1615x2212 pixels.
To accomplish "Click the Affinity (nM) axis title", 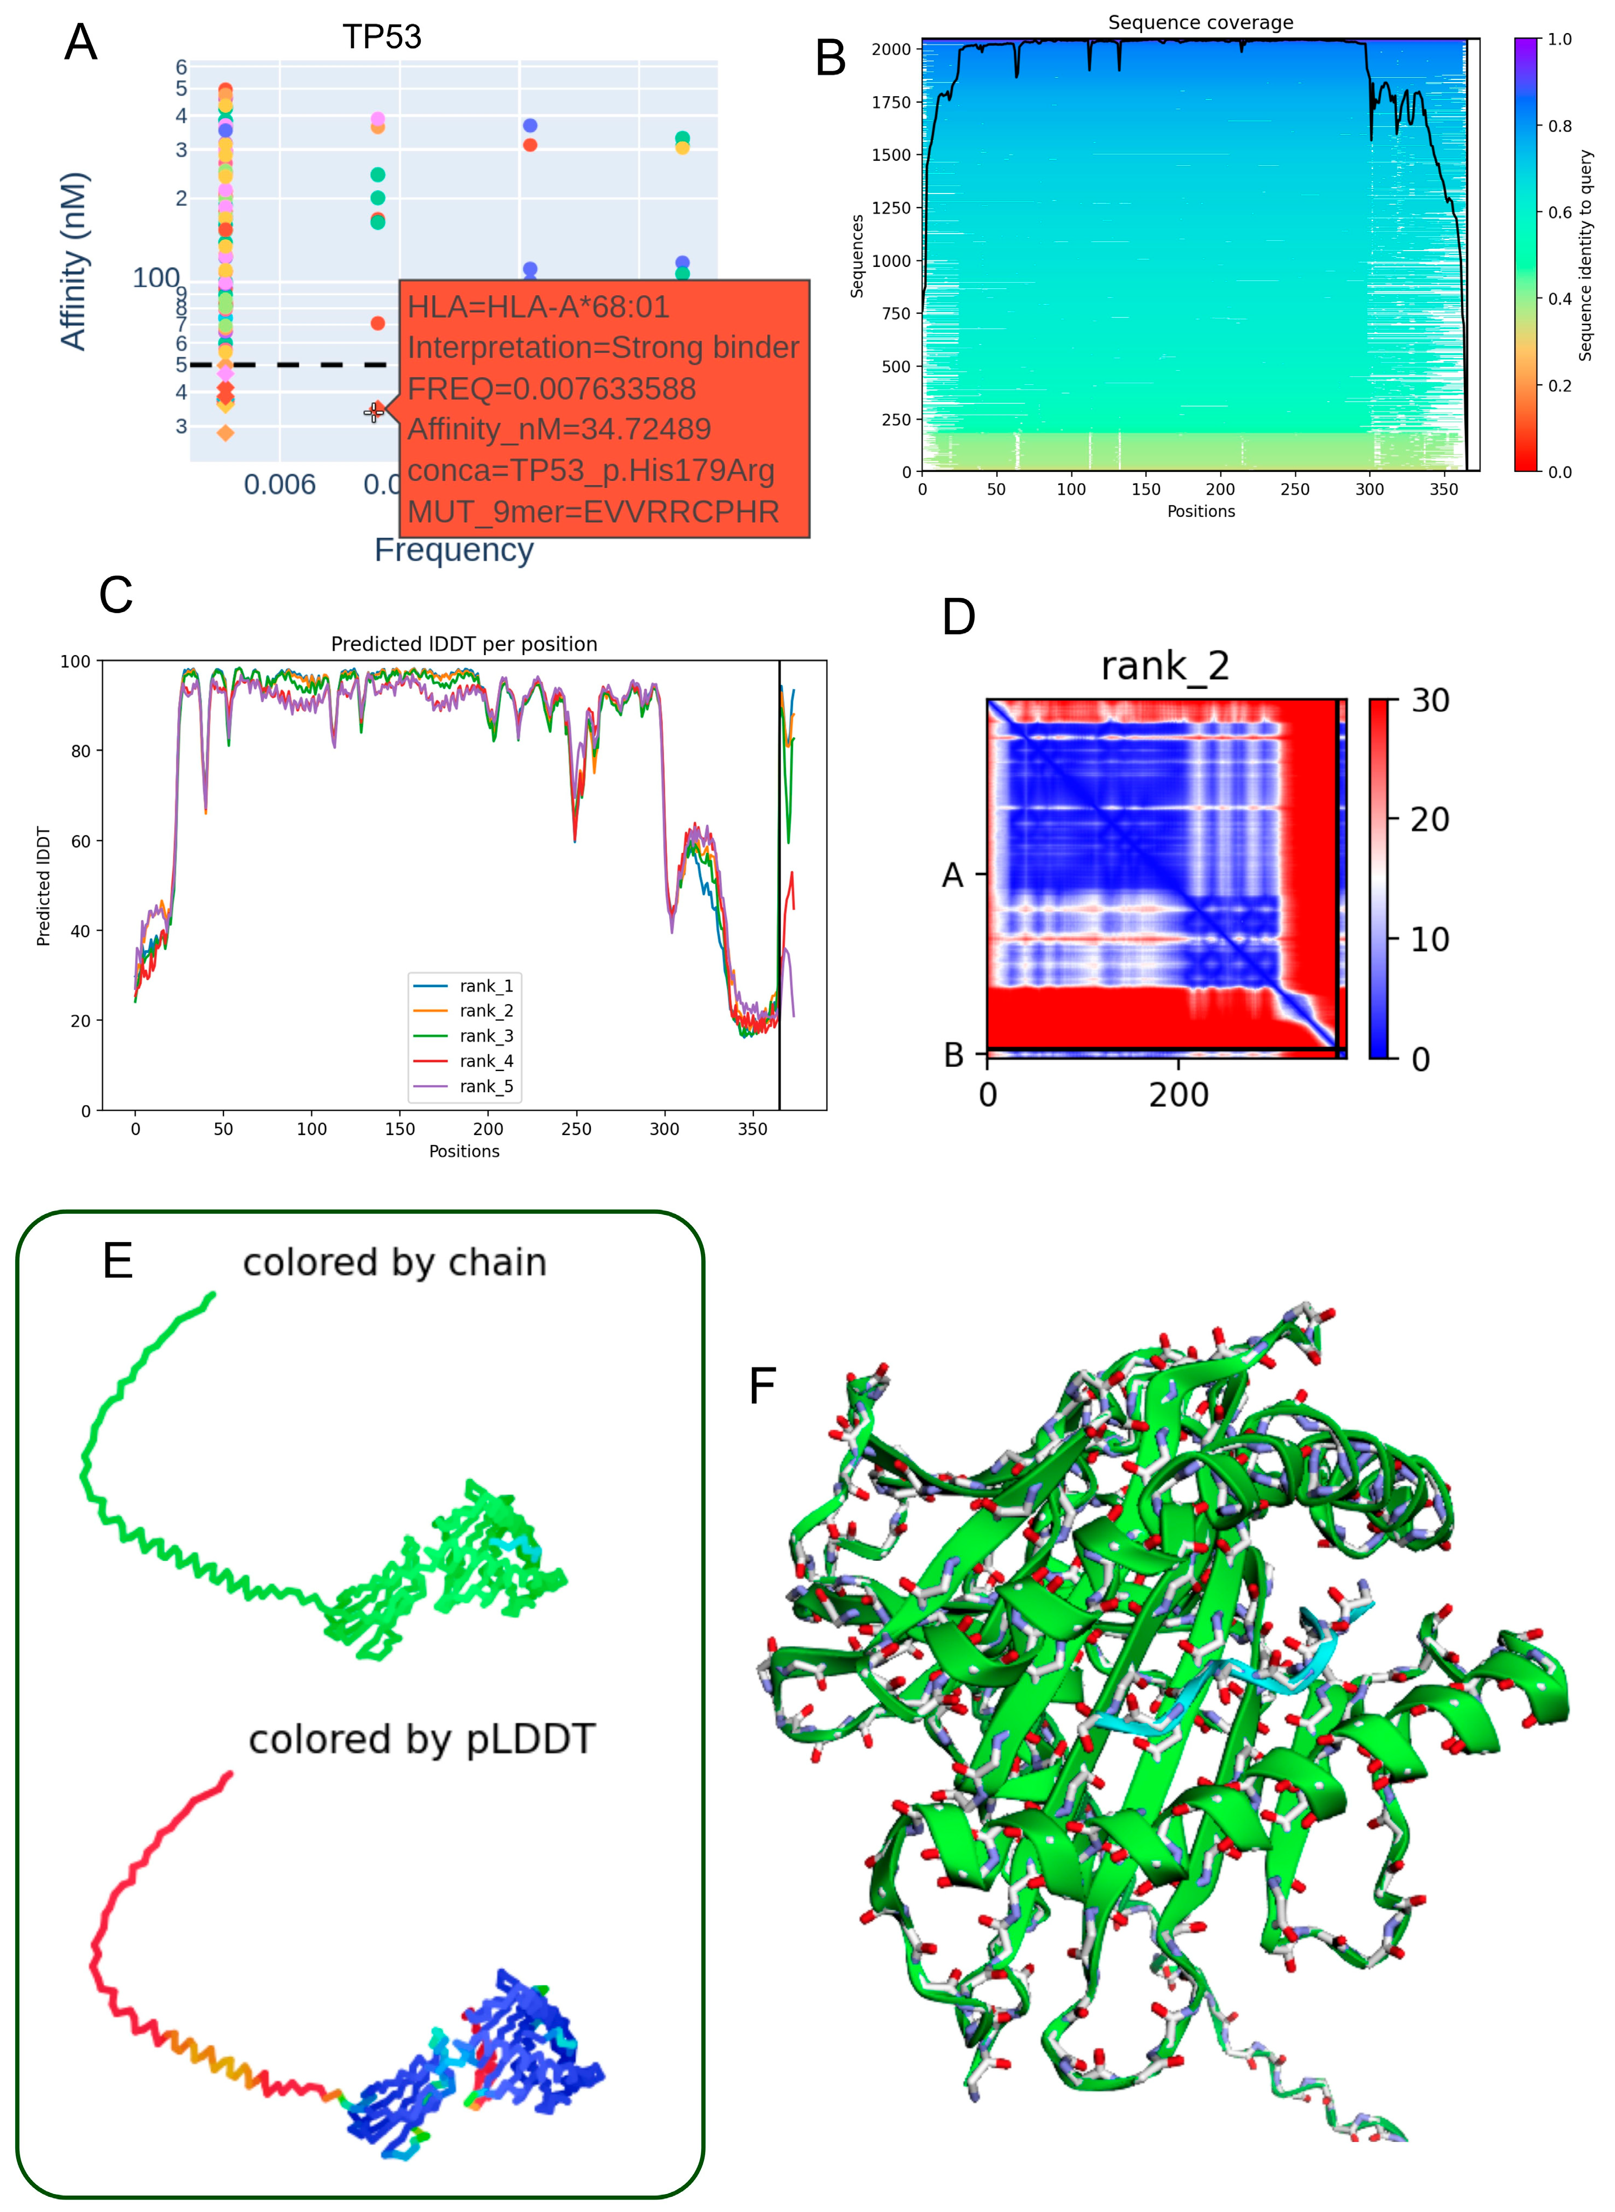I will click(74, 261).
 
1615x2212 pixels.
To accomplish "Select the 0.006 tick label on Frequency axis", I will click(279, 485).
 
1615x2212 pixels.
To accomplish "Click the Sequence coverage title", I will click(1200, 22).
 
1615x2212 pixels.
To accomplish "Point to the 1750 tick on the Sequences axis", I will click(890, 102).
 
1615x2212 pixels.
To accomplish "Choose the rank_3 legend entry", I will click(486, 1036).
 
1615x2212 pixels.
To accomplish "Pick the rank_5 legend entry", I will click(486, 1086).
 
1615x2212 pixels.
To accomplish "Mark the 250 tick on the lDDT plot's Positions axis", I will click(576, 1129).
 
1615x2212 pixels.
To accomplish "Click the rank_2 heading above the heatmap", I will click(1164, 666).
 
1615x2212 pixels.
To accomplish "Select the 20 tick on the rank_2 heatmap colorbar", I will click(1429, 819).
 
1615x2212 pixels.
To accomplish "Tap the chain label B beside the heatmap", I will click(953, 1055).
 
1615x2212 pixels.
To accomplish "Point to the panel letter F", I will click(763, 1386).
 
